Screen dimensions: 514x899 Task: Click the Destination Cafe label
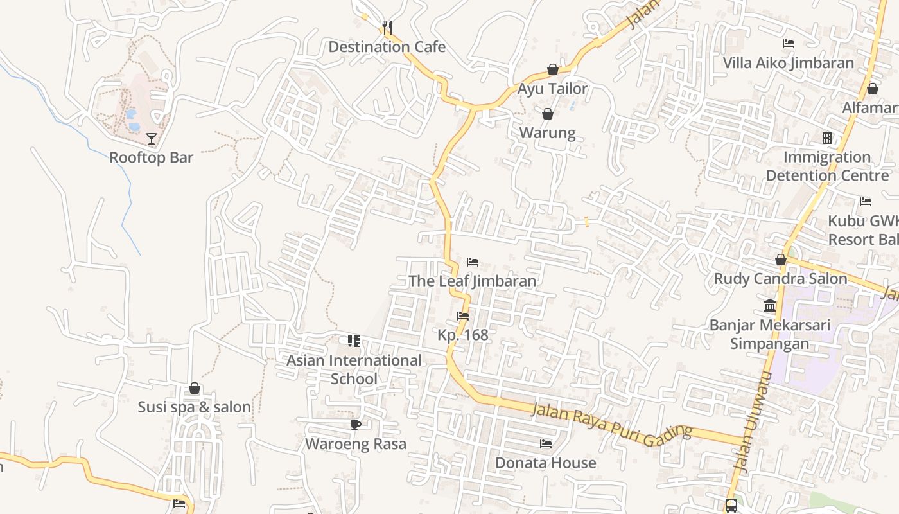pos(387,47)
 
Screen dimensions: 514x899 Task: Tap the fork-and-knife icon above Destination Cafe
pos(387,27)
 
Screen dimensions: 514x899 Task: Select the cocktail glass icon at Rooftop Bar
pos(151,138)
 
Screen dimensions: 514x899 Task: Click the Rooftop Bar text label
pos(151,158)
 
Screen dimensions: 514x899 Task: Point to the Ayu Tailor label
pos(552,89)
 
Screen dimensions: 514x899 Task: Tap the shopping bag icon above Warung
pos(548,114)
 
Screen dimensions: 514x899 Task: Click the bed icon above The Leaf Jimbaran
pos(473,262)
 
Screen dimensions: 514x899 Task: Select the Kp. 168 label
pos(462,335)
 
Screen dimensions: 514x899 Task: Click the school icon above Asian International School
pos(354,341)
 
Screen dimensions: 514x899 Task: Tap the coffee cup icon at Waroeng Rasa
pos(356,425)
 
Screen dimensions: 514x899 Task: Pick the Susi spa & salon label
pos(194,407)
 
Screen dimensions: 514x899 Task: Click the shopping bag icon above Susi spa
pos(194,389)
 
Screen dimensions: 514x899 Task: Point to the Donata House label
pos(545,463)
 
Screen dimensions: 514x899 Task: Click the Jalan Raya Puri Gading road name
pos(612,422)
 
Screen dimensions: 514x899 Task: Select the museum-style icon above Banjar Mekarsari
pos(769,305)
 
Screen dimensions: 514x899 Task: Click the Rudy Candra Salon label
pos(780,279)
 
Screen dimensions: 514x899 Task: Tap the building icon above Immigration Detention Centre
pos(827,138)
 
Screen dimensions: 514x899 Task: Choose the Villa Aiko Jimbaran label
pos(789,63)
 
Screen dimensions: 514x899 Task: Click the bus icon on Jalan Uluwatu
pos(731,506)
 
